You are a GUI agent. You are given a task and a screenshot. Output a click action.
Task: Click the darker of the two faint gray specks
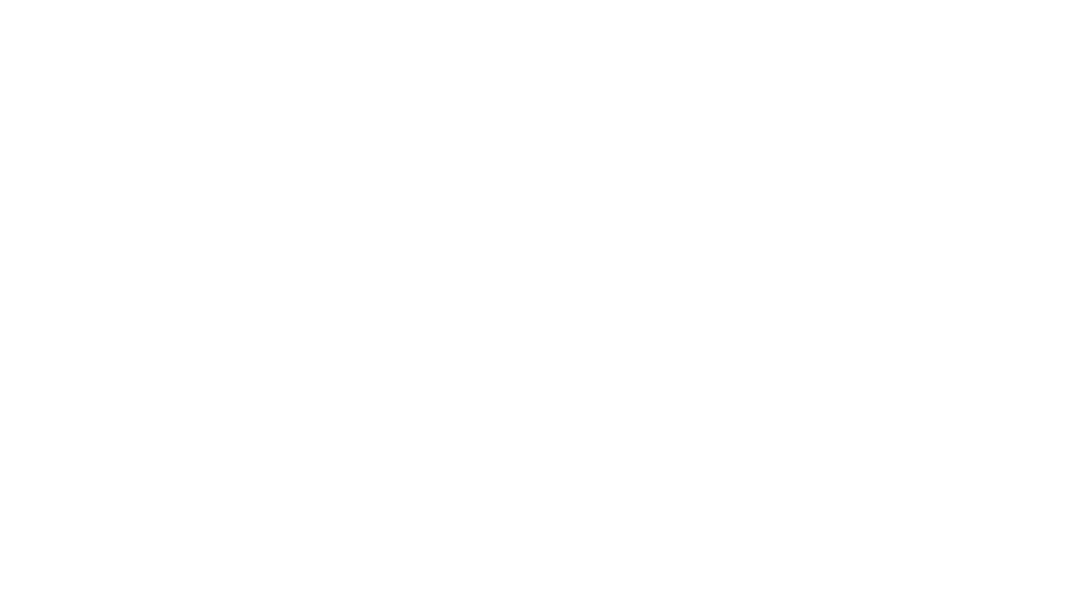coord(91,55)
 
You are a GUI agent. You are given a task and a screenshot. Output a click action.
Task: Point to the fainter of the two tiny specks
coord(479,55)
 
